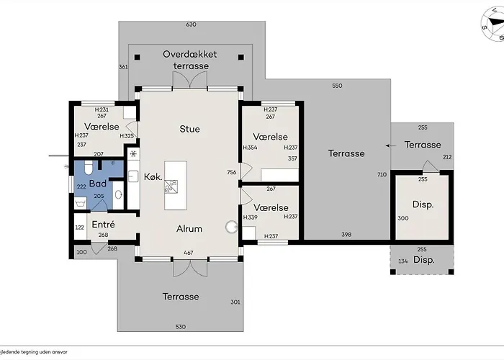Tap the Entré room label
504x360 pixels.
(x=104, y=225)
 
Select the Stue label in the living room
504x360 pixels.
(x=189, y=129)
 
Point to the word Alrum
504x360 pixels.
(x=189, y=229)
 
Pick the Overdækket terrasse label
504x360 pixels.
(x=190, y=60)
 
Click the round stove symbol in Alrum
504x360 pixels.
(x=231, y=227)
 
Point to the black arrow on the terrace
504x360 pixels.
(x=390, y=145)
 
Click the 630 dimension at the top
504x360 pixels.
(x=191, y=25)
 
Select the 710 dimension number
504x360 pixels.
(x=382, y=175)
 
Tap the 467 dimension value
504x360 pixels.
(x=189, y=253)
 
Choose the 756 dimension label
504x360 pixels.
(x=232, y=172)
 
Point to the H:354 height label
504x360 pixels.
(x=250, y=148)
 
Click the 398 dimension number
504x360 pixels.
(x=346, y=235)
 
